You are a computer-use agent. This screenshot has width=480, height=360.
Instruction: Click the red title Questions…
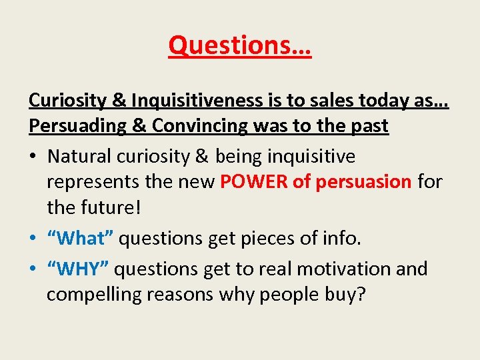coord(239,45)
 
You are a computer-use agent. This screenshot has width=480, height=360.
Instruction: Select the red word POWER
coord(255,182)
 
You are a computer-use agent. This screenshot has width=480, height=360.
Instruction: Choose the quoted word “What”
coord(80,237)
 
